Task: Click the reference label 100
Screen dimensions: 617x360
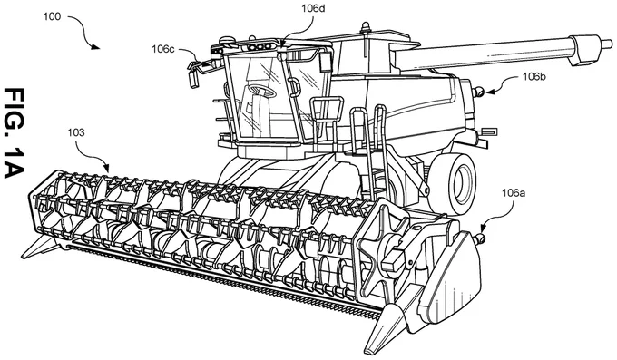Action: (x=52, y=16)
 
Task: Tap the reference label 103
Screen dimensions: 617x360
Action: (x=76, y=132)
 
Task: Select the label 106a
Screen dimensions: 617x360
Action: (x=514, y=193)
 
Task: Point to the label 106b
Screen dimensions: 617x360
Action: (x=534, y=77)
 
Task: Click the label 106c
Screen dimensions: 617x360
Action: (x=163, y=49)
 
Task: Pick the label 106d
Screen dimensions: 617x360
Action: (x=313, y=8)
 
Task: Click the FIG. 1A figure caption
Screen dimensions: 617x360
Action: (x=15, y=133)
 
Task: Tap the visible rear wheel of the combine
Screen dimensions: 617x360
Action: (x=453, y=184)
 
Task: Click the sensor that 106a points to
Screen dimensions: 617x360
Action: (x=480, y=238)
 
